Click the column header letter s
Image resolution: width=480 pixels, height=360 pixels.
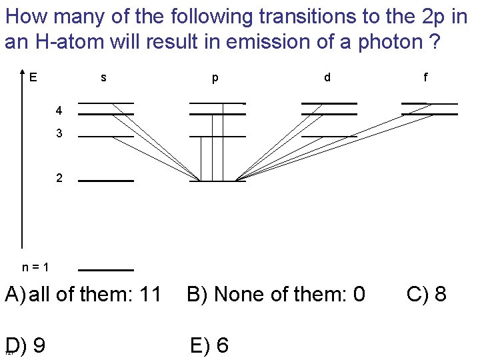[x=103, y=77]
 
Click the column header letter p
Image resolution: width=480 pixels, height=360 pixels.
[x=215, y=78]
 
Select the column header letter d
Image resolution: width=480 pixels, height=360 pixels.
[x=327, y=77]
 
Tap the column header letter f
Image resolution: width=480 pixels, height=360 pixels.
[x=425, y=77]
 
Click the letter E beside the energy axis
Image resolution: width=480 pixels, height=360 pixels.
[x=33, y=77]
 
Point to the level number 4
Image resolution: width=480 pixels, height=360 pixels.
[x=59, y=109]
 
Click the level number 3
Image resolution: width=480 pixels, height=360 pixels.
[x=59, y=133]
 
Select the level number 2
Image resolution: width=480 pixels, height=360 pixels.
[x=59, y=179]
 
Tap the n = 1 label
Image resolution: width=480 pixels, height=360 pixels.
[x=35, y=267]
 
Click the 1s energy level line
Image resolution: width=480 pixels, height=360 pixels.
[x=106, y=270]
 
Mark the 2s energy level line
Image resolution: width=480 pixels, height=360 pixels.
[x=106, y=181]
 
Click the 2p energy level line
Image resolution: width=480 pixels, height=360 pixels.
[x=217, y=181]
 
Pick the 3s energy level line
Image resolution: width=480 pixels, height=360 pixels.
[x=106, y=137]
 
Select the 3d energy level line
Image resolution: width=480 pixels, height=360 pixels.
[x=329, y=137]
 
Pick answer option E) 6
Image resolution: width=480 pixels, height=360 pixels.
[x=209, y=346]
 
